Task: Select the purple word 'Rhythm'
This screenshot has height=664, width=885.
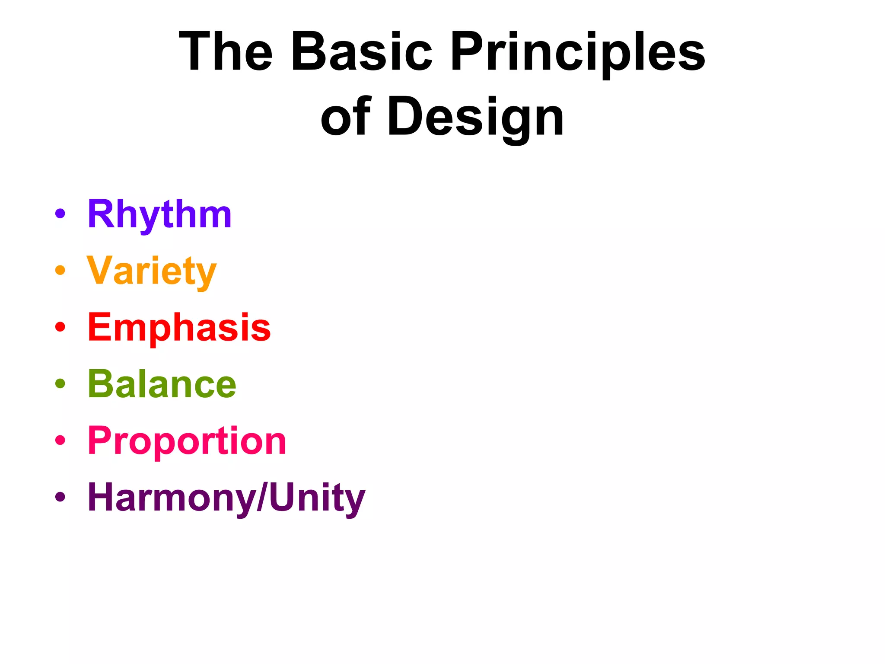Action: click(x=159, y=214)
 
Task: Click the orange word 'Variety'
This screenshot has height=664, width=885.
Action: click(x=151, y=271)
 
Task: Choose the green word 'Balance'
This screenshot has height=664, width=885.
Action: click(x=162, y=384)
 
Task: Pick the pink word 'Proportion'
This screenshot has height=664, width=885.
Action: click(x=187, y=441)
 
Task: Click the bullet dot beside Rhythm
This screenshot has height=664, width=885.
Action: click(x=60, y=213)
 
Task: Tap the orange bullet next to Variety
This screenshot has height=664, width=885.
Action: click(x=60, y=270)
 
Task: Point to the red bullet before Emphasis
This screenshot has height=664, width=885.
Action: click(x=60, y=327)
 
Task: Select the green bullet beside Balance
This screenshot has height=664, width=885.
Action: click(x=60, y=383)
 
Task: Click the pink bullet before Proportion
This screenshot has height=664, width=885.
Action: click(x=60, y=440)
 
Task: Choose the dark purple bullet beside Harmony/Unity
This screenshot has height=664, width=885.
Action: click(x=60, y=497)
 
